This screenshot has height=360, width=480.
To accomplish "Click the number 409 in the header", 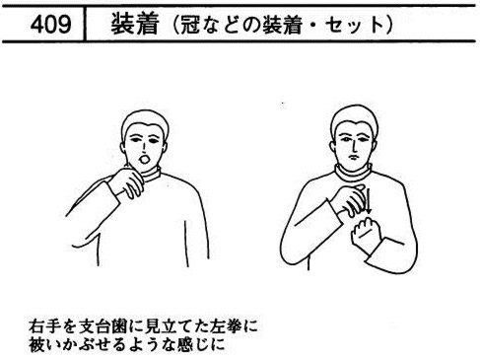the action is [x=50, y=25].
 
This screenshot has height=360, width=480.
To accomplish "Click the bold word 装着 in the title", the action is [x=135, y=24].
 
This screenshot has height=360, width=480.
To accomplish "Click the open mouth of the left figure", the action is [x=145, y=160].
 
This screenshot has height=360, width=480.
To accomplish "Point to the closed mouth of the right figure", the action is [x=353, y=157].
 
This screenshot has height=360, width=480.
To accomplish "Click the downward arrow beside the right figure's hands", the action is [x=368, y=201].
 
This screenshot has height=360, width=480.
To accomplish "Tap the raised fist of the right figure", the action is [x=366, y=233].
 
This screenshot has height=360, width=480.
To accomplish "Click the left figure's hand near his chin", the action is [x=126, y=182].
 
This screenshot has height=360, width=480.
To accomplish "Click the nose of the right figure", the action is [x=354, y=145].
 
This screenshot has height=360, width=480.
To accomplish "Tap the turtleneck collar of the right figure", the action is [x=353, y=173].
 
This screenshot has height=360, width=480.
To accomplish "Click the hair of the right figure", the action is [x=354, y=117].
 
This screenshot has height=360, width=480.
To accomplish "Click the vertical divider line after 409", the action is [x=85, y=24].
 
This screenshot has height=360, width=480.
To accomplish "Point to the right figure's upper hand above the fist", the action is [x=348, y=199].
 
